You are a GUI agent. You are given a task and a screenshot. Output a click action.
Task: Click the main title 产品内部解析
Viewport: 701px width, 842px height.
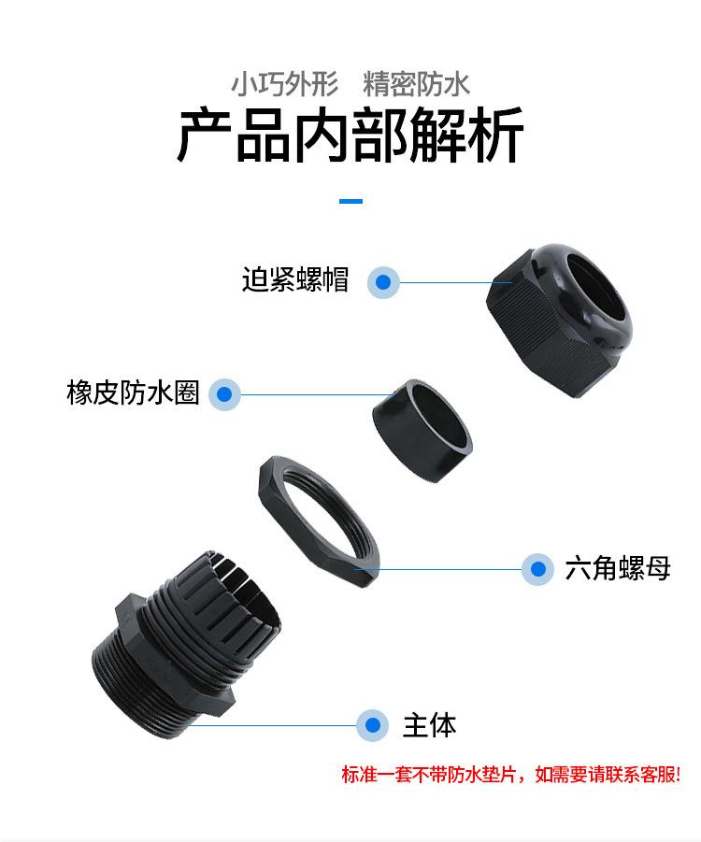click(350, 136)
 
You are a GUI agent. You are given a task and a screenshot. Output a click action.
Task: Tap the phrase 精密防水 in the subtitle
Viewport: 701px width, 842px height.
click(417, 85)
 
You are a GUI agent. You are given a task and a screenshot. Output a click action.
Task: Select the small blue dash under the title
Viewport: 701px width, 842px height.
click(350, 201)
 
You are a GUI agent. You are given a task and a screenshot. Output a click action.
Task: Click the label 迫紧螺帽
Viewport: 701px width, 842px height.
click(295, 280)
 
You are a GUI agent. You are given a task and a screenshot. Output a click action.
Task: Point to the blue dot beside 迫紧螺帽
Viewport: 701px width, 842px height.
click(383, 281)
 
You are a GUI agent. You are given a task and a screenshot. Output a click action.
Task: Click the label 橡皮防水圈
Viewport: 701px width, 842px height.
click(133, 392)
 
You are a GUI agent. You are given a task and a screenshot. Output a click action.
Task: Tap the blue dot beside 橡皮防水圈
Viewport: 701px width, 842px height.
click(224, 393)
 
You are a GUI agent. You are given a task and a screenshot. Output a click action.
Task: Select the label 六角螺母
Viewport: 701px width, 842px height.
click(618, 568)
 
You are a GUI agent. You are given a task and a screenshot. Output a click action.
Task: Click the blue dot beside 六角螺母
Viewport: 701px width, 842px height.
click(536, 568)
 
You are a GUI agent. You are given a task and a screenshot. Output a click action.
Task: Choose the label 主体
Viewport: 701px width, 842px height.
click(429, 724)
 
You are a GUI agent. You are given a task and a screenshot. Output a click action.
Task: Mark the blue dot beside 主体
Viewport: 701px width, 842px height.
click(373, 724)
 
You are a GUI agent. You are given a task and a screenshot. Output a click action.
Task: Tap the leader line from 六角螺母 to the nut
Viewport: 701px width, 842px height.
click(449, 568)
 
